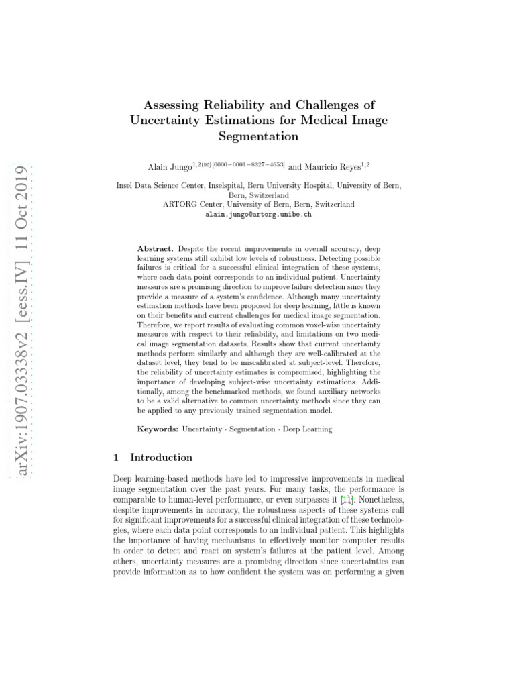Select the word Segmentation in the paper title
click(x=258, y=136)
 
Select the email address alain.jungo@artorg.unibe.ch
click(x=258, y=215)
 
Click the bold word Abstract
click(x=156, y=248)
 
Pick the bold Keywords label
click(x=158, y=429)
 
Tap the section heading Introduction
click(x=161, y=458)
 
